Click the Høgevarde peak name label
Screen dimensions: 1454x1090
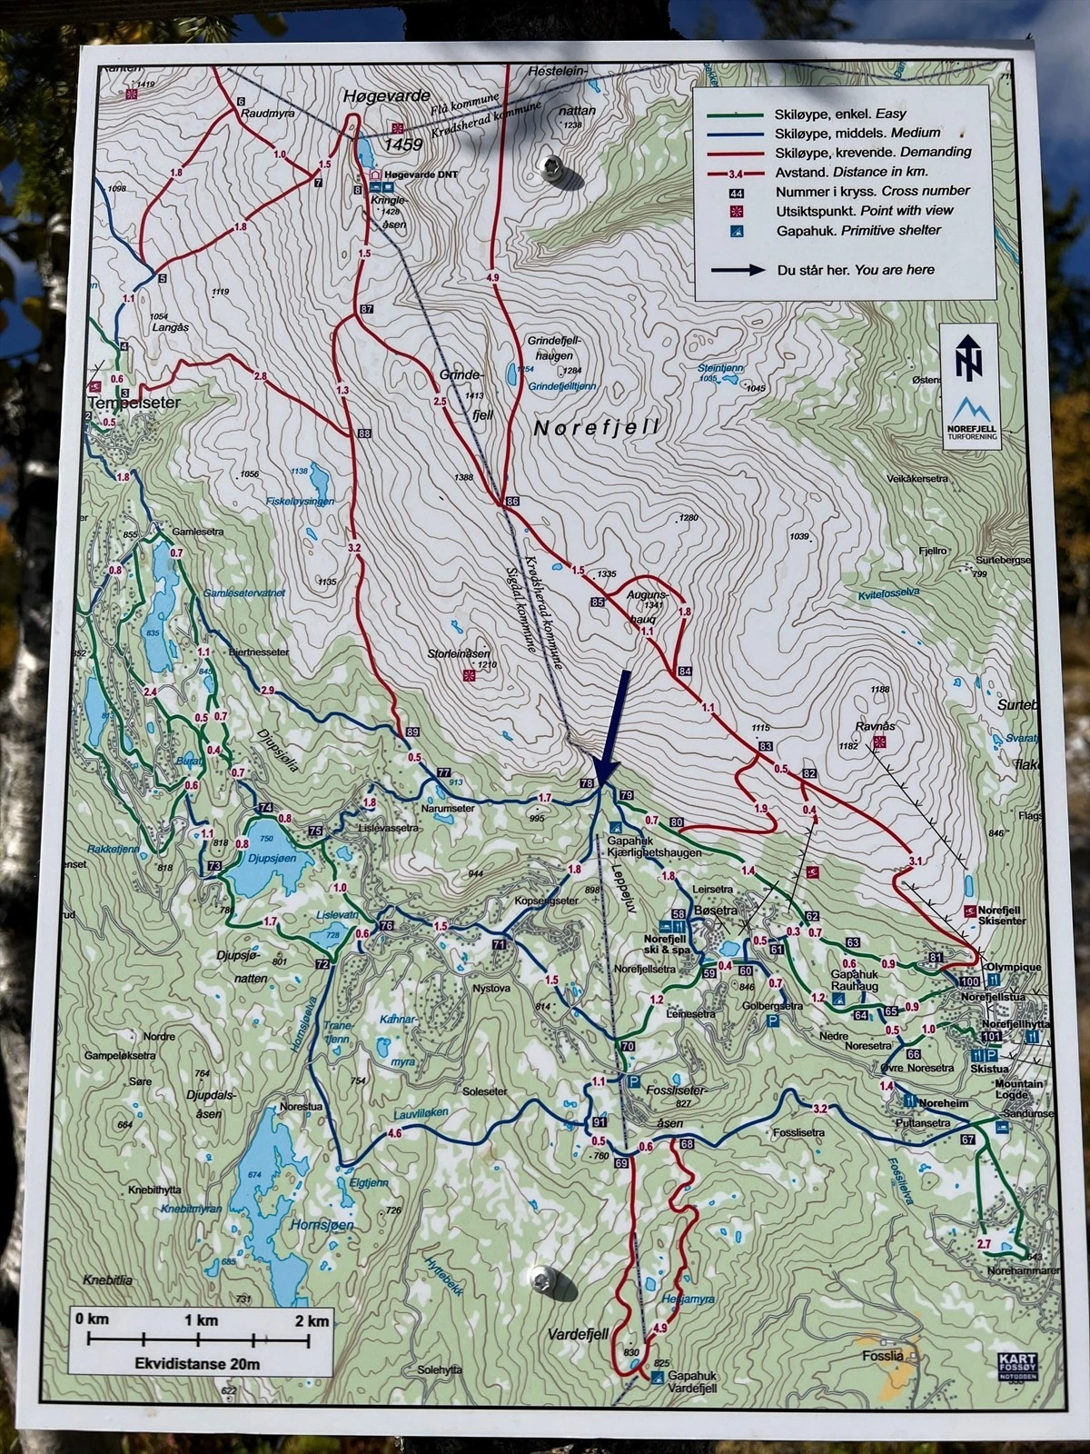pyautogui.click(x=386, y=95)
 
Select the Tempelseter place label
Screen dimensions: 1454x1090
pyautogui.click(x=134, y=402)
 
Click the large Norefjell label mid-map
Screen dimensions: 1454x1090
pyautogui.click(x=596, y=427)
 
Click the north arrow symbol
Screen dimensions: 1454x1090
pyautogui.click(x=970, y=358)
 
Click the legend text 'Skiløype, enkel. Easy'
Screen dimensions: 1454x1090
pyautogui.click(x=840, y=115)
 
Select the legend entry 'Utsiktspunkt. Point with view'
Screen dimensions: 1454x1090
pyautogui.click(x=864, y=210)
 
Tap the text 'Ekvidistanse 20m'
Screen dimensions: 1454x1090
pyautogui.click(x=197, y=1363)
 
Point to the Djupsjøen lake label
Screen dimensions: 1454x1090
pyautogui.click(x=273, y=858)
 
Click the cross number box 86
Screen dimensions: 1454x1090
pyautogui.click(x=512, y=501)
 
